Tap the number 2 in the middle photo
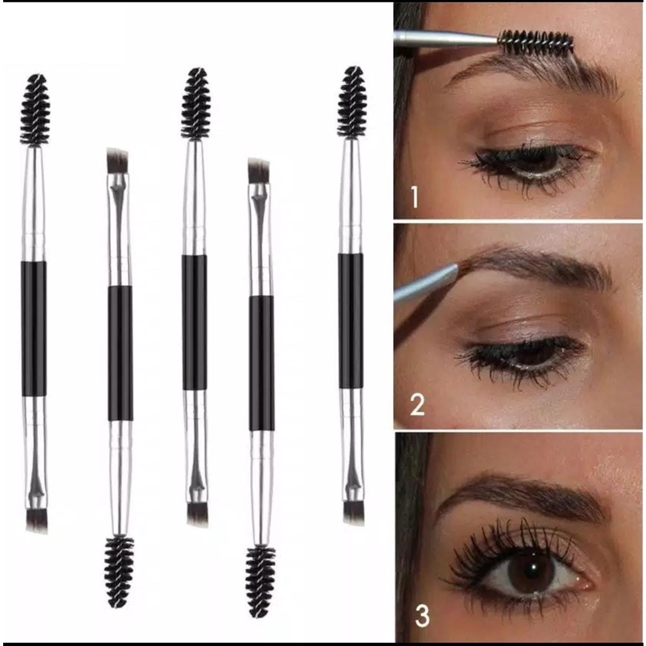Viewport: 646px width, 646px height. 417,404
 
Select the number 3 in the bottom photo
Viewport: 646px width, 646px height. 421,616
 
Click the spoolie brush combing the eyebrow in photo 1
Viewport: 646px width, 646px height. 536,42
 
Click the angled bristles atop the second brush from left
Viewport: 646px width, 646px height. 117,160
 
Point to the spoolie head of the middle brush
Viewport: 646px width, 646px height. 195,103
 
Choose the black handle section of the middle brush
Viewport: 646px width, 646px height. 195,322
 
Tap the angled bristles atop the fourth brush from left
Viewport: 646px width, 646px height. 258,171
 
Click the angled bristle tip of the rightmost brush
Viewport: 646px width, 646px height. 354,512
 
